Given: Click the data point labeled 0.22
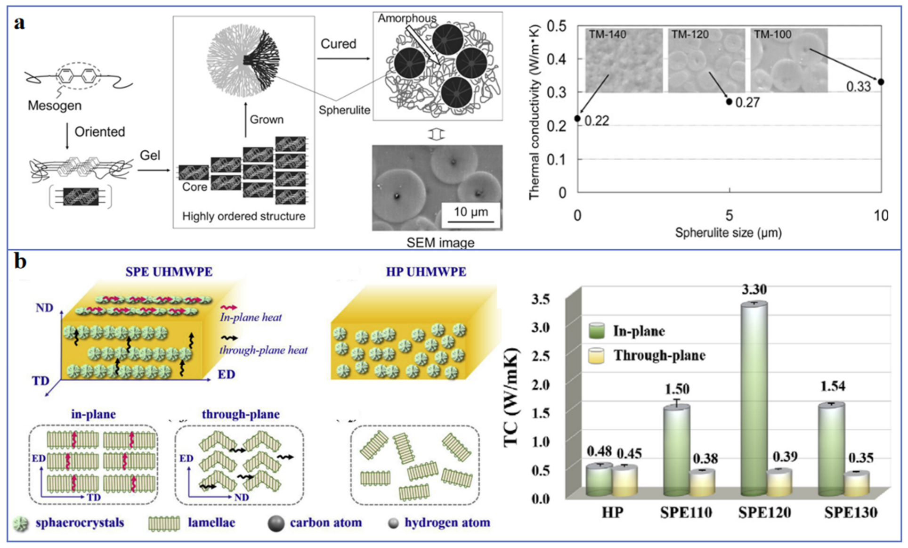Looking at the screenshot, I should point(578,118).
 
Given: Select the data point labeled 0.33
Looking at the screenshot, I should point(881,82).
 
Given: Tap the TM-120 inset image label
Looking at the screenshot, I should point(690,34).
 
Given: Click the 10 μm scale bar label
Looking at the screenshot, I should point(470,212).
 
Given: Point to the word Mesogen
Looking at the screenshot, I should point(55,105).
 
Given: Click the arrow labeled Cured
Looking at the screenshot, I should point(343,58).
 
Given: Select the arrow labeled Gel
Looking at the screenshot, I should point(154,169).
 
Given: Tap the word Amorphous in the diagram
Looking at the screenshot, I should point(407,18).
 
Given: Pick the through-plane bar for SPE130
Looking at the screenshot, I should point(857,483).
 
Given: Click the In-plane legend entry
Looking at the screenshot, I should point(638,331).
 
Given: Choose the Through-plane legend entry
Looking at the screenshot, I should point(658,355).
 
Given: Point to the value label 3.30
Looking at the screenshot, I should point(754,289).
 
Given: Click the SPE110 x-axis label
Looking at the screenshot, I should point(686,513).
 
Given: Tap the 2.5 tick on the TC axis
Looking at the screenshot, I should point(540,356).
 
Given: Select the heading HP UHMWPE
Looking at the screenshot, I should point(426,272).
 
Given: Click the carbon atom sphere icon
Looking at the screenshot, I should point(276,523).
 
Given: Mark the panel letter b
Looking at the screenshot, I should point(20,262).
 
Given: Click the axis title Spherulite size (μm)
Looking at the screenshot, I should point(728,232).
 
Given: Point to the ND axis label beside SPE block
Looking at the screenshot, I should point(45,308).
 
